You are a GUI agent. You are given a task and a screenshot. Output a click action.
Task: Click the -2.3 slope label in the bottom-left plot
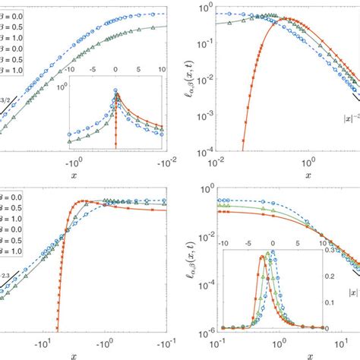coord(5,278)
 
